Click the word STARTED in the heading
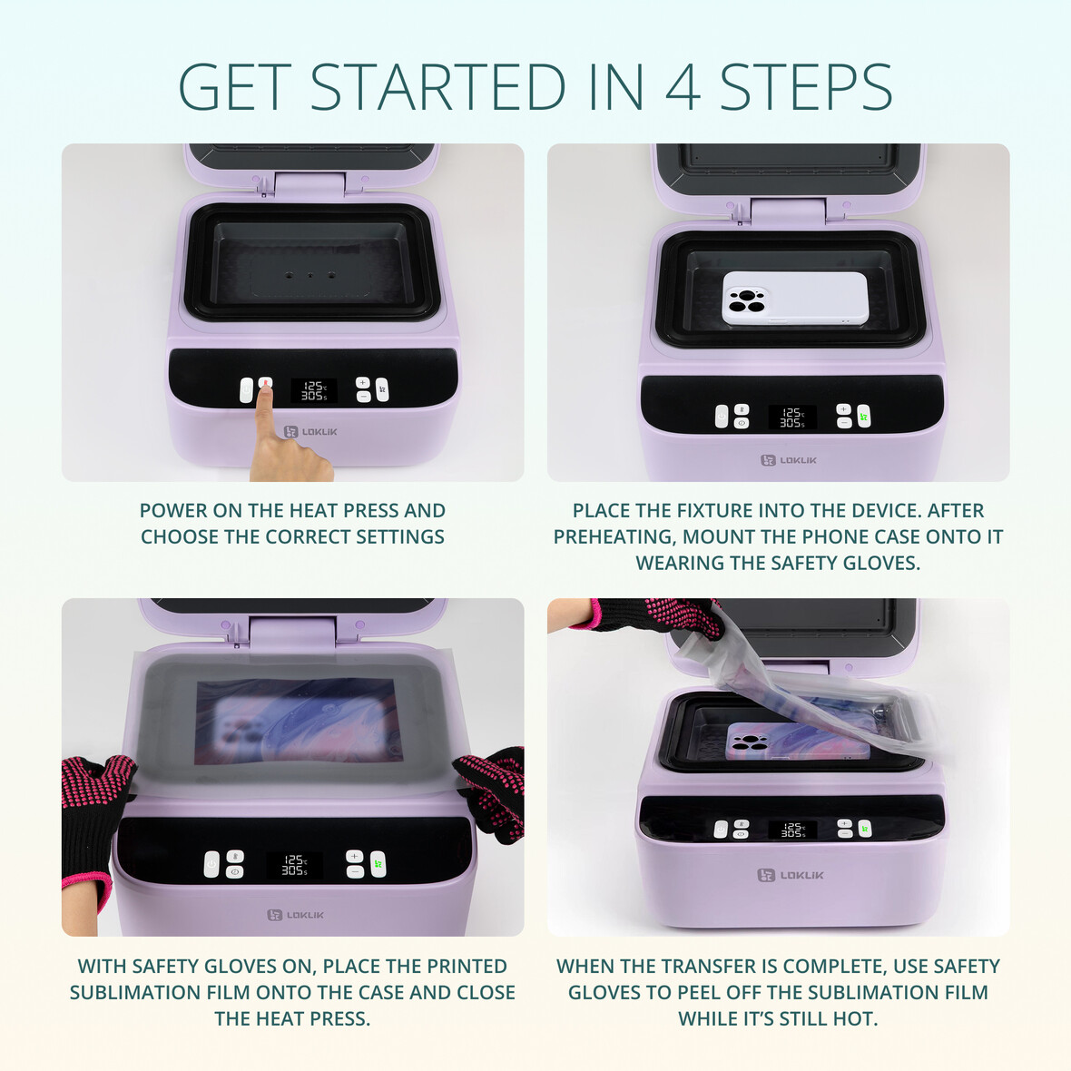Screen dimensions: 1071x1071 [x=438, y=87]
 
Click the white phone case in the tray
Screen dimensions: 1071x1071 [x=795, y=298]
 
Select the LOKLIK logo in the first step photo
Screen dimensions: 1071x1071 [x=310, y=432]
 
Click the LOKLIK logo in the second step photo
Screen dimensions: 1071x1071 [x=788, y=460]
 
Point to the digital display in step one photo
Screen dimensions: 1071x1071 [x=313, y=390]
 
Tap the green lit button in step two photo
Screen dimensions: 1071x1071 [x=864, y=416]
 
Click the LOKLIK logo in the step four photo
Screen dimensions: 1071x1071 [x=791, y=875]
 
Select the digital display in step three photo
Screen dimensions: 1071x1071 [x=294, y=865]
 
